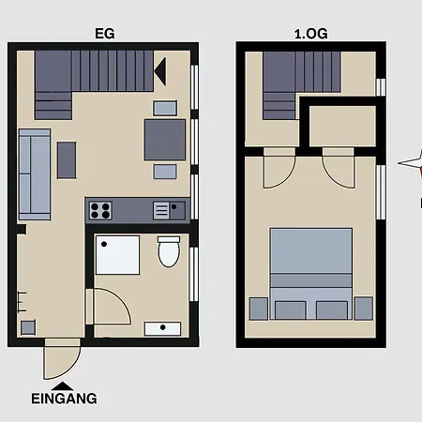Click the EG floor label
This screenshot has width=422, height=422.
pyautogui.click(x=105, y=34)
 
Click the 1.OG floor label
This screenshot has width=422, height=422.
pyautogui.click(x=311, y=34)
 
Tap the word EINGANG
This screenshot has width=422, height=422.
pyautogui.click(x=64, y=399)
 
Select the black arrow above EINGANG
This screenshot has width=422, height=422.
pyautogui.click(x=63, y=385)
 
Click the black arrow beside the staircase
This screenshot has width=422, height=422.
pyautogui.click(x=160, y=71)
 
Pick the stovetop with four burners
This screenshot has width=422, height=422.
pyautogui.click(x=100, y=210)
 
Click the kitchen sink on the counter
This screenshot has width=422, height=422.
pyautogui.click(x=170, y=210)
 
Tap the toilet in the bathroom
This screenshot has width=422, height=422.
pyautogui.click(x=169, y=251)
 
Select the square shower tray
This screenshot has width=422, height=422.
pyautogui.click(x=117, y=255)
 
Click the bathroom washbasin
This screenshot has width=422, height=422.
pyautogui.click(x=162, y=329)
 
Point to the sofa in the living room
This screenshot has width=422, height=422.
pyautogui.click(x=35, y=174)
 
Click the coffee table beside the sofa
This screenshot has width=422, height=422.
pyautogui.click(x=67, y=160)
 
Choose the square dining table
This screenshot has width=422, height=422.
pyautogui.click(x=165, y=140)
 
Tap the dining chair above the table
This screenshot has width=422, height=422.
pyautogui.click(x=165, y=108)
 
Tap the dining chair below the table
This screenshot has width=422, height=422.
pyautogui.click(x=165, y=172)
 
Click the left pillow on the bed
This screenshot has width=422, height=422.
pyautogui.click(x=291, y=310)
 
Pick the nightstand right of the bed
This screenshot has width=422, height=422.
pyautogui.click(x=364, y=309)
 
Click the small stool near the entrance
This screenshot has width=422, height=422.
pyautogui.click(x=28, y=327)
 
